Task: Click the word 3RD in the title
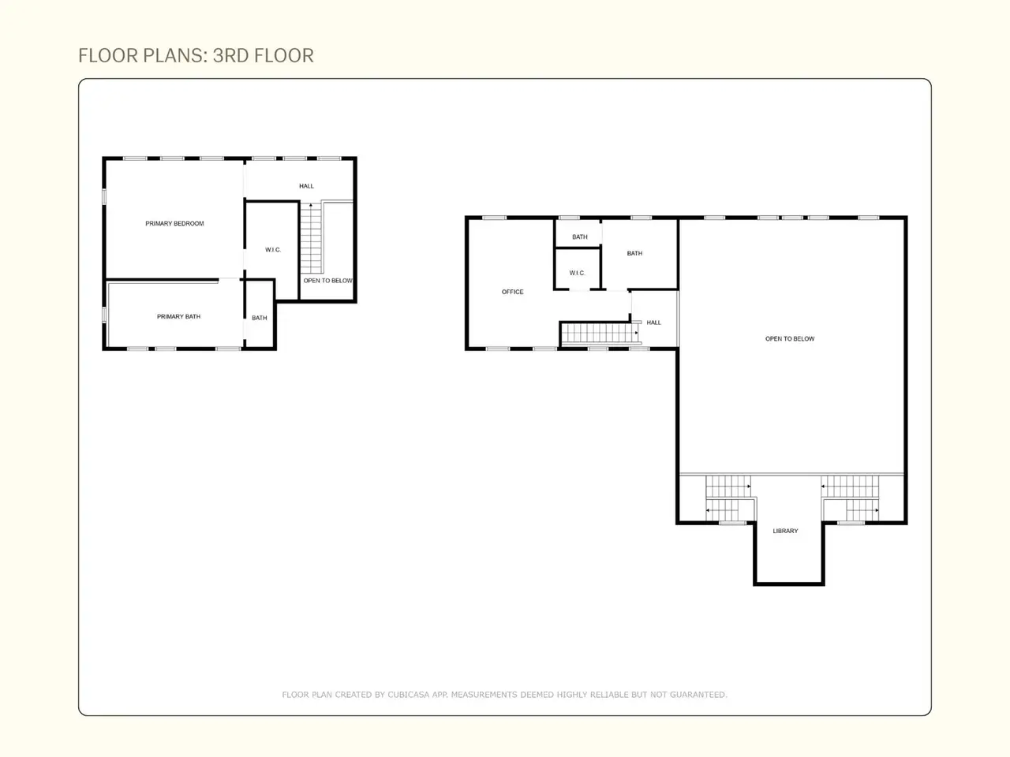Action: [x=231, y=56]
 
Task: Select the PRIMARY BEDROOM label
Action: [x=174, y=223]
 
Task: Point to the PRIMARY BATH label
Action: [x=178, y=316]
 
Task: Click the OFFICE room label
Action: [x=513, y=292]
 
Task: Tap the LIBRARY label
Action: [x=785, y=531]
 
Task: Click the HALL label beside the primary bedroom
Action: [x=306, y=186]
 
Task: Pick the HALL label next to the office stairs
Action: [x=654, y=323]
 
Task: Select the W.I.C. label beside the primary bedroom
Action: [x=273, y=250]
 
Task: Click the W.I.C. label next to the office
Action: [x=577, y=273]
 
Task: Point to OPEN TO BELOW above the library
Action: [x=790, y=339]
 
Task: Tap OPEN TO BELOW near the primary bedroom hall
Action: [x=327, y=281]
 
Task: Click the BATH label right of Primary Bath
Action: [x=260, y=318]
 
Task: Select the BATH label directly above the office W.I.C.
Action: [x=580, y=237]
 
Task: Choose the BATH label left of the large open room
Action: [x=634, y=253]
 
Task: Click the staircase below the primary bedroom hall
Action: [x=311, y=239]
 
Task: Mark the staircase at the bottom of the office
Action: [x=600, y=333]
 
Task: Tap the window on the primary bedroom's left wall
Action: [x=104, y=196]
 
